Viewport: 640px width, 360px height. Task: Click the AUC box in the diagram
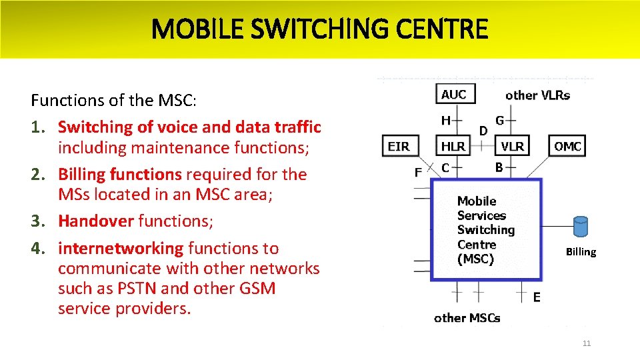point(453,94)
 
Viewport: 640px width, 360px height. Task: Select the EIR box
point(399,146)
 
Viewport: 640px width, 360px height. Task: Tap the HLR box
point(453,146)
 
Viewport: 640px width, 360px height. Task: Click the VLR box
point(512,146)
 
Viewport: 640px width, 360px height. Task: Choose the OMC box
point(567,146)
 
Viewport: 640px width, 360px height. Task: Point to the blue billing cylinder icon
point(581,227)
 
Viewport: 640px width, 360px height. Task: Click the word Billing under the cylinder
point(581,252)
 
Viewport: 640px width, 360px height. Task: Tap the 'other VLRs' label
point(537,95)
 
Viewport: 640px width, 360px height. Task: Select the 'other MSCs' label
point(467,318)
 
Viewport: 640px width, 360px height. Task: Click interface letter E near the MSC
point(537,298)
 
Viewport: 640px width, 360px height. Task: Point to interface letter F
point(418,173)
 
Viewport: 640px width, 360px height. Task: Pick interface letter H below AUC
point(445,120)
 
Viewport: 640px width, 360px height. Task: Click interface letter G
point(499,120)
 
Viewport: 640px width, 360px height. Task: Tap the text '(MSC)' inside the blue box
point(475,259)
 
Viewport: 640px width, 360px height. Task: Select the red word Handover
point(96,221)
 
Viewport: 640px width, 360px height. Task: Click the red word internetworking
point(121,249)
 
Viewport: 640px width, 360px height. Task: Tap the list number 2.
point(37,175)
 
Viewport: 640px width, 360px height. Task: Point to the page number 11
point(586,344)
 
